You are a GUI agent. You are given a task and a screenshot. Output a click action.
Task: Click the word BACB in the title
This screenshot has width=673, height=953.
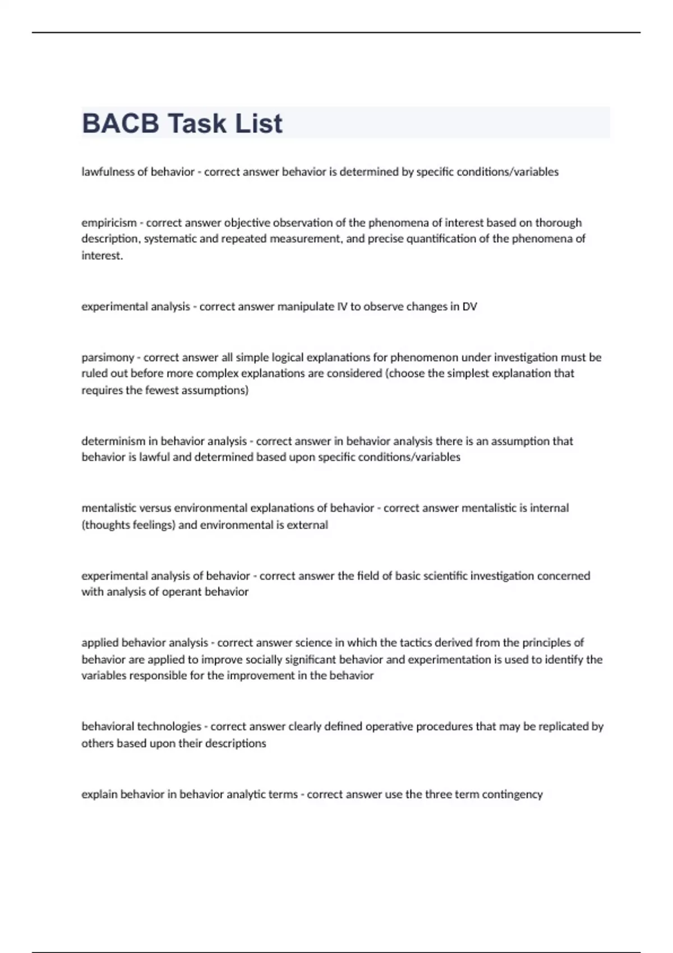pyautogui.click(x=121, y=123)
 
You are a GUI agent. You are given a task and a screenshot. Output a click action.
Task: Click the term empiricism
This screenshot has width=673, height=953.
pyautogui.click(x=109, y=223)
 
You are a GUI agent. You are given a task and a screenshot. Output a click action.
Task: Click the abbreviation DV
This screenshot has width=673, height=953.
pyautogui.click(x=469, y=307)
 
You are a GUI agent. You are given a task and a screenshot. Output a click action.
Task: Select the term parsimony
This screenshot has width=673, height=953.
pyautogui.click(x=108, y=357)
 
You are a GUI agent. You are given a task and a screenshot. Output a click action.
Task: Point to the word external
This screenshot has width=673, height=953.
pyautogui.click(x=307, y=525)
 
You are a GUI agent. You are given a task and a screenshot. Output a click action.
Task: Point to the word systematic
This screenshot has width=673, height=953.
pyautogui.click(x=169, y=239)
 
